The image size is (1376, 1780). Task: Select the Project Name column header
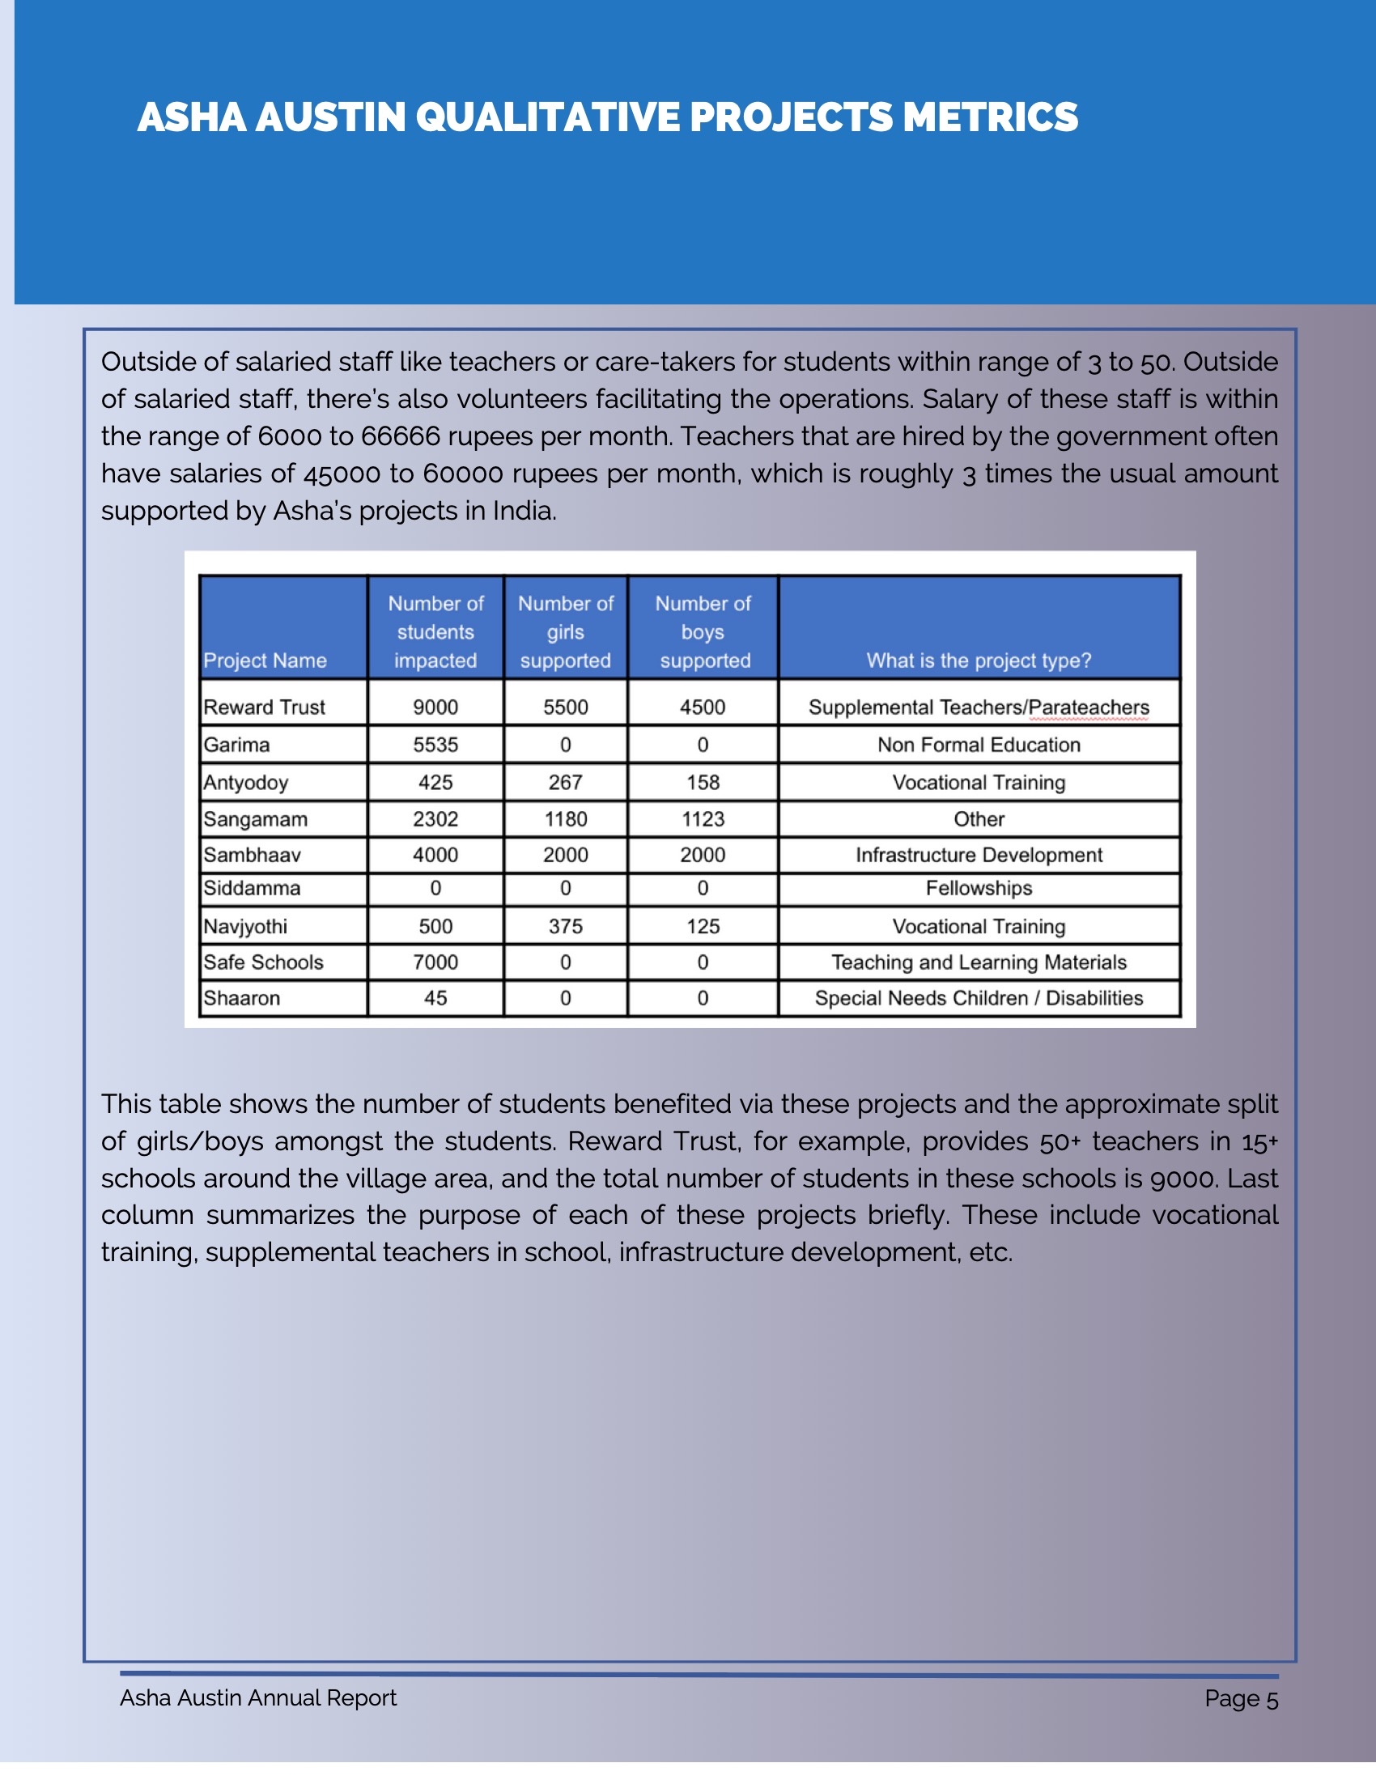tap(265, 661)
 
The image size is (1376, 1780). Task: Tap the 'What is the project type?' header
tap(979, 661)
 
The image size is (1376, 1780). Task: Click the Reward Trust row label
tap(264, 707)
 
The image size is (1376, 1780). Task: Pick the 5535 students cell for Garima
tap(435, 744)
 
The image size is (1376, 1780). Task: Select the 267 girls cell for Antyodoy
tap(565, 783)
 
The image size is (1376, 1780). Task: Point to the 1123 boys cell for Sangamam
tap(703, 819)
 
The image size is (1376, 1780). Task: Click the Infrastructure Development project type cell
tap(979, 855)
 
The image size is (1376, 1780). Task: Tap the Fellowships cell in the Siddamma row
tap(979, 888)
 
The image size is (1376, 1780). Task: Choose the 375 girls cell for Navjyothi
tap(565, 927)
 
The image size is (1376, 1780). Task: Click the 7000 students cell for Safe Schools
tap(435, 962)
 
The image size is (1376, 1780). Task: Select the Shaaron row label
tap(242, 998)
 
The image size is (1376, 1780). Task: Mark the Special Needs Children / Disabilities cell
tap(979, 998)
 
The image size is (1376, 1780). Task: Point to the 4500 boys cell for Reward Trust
tap(703, 707)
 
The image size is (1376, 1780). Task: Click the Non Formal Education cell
tap(979, 744)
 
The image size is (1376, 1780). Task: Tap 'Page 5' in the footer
tap(1241, 1699)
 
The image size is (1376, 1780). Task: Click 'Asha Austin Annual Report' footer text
tap(258, 1697)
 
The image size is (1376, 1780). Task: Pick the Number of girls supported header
tap(565, 631)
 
